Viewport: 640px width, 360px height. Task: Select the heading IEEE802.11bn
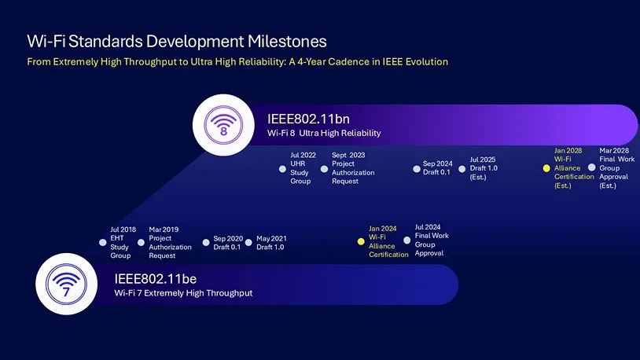tap(308, 119)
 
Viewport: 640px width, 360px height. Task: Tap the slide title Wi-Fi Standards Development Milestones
tap(177, 41)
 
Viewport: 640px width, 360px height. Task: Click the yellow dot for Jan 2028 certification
tap(546, 168)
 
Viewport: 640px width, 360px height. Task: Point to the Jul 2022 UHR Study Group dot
tap(282, 168)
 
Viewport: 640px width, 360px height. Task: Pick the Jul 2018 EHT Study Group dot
tap(102, 242)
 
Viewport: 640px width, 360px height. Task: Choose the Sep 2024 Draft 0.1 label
tap(436, 168)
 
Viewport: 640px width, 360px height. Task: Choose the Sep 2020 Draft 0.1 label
tap(227, 243)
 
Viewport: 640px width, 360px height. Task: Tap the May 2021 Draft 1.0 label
tap(271, 243)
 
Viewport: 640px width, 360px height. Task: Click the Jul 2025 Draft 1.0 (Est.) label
tap(483, 168)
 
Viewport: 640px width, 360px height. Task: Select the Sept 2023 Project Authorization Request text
tap(352, 168)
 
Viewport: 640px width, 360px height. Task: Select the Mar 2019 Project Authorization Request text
tap(170, 243)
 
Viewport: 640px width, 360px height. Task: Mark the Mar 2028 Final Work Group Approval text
tap(616, 167)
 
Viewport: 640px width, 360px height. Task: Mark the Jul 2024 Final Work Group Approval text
tap(432, 240)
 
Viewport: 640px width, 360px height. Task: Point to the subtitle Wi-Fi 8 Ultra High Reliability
tap(324, 134)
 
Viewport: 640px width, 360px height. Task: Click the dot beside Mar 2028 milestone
tap(592, 167)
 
